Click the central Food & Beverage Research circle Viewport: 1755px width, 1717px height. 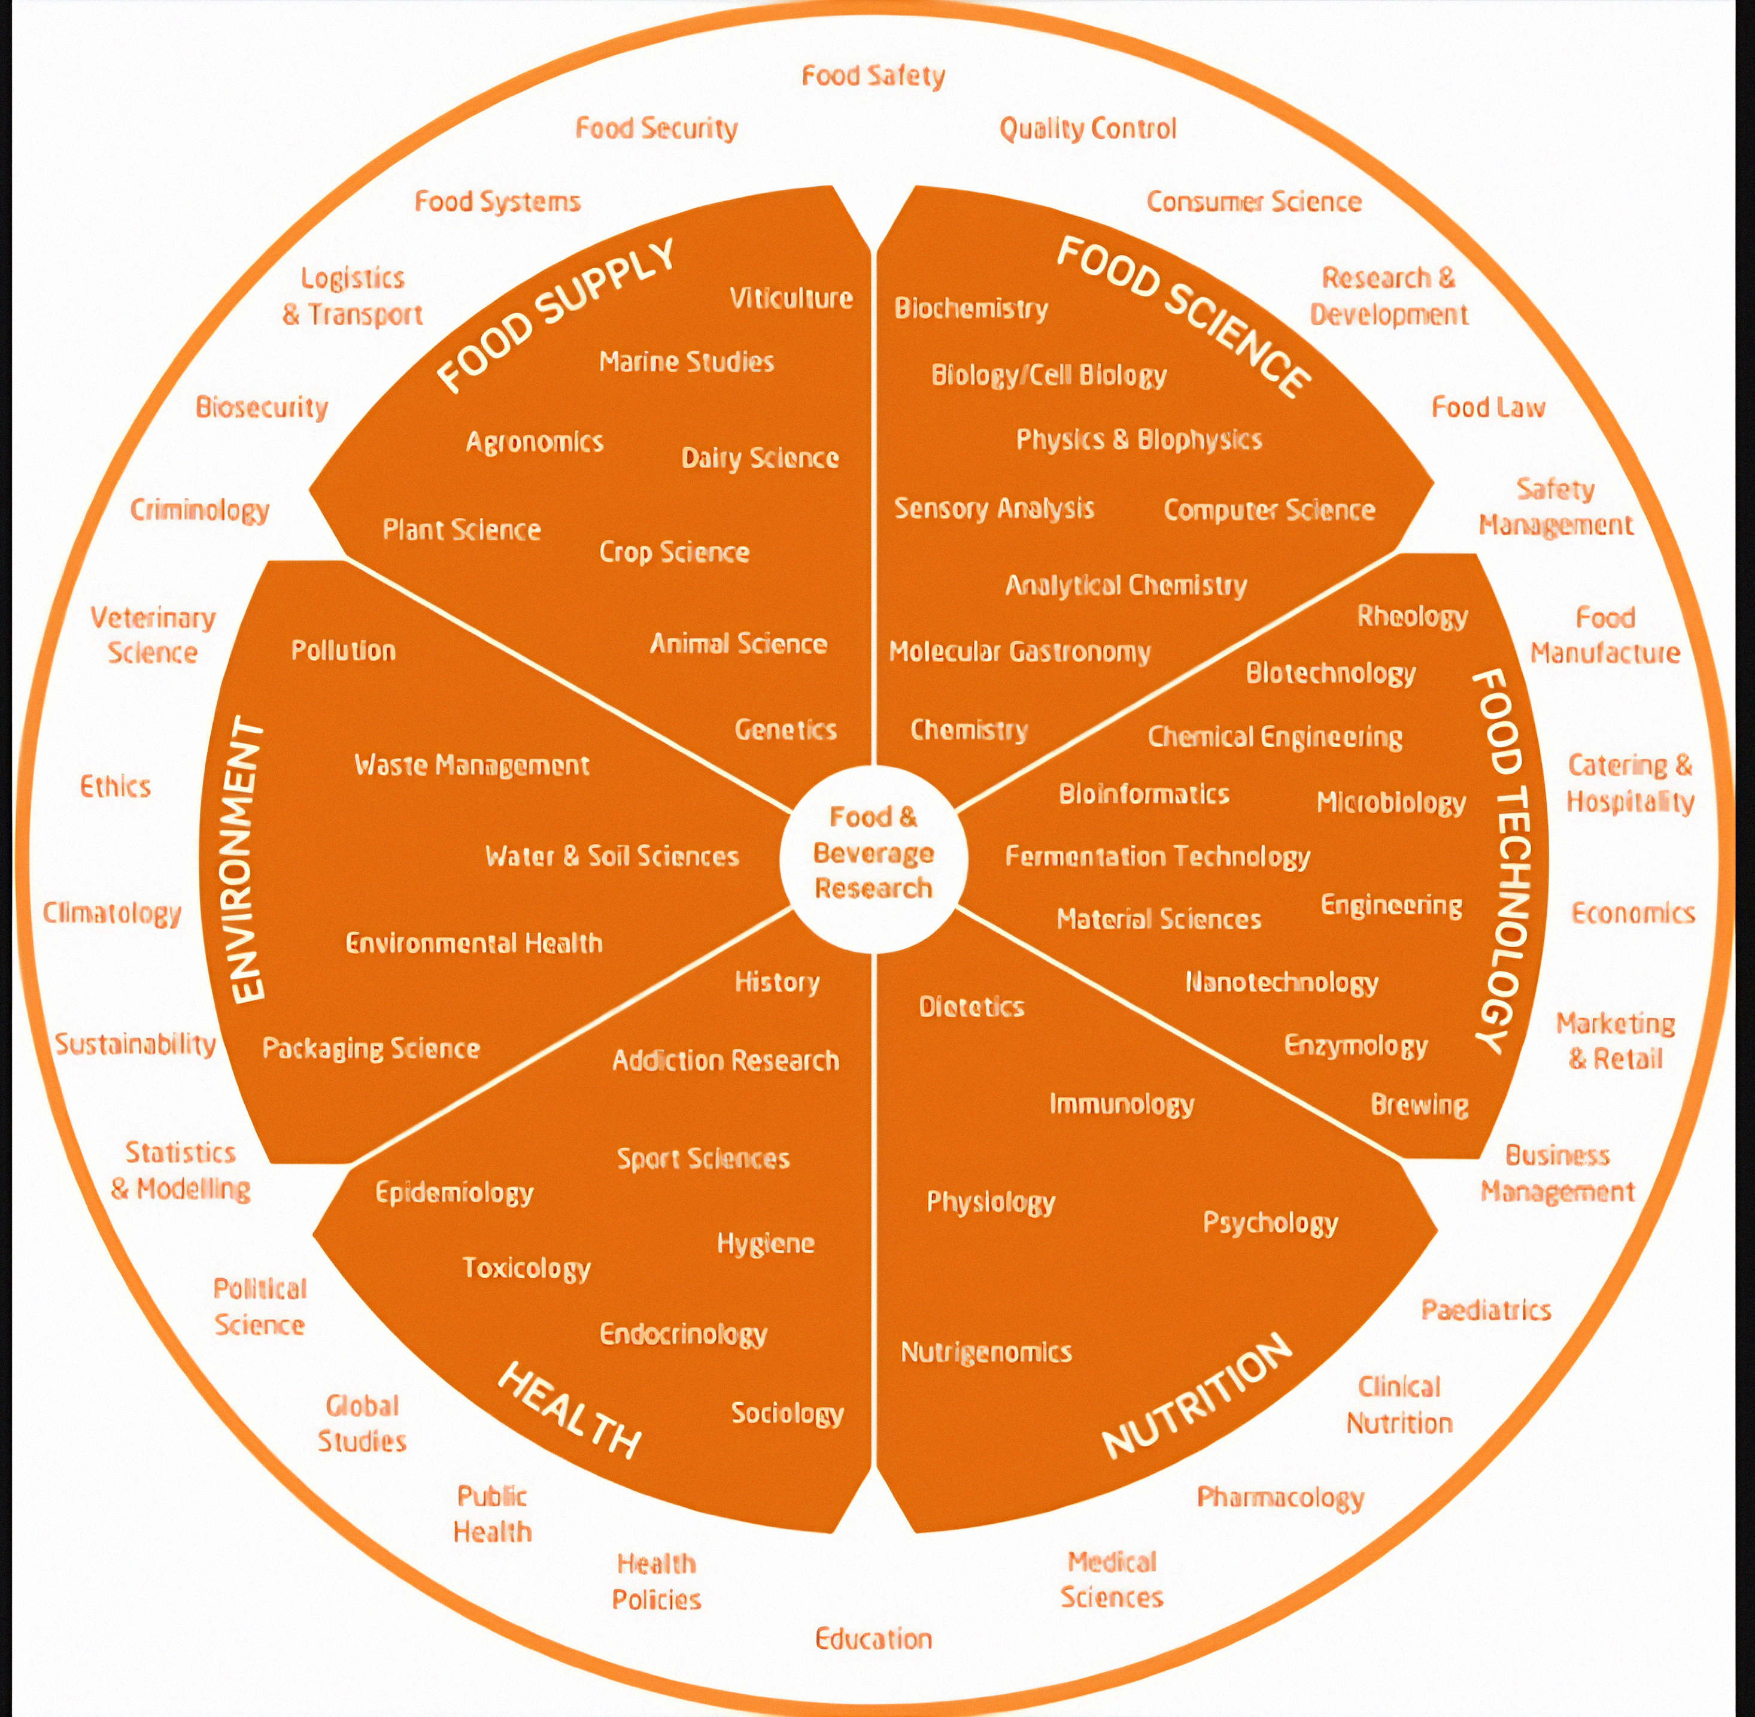point(873,853)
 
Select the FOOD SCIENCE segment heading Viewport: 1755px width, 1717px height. point(1183,316)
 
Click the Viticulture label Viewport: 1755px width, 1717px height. point(791,299)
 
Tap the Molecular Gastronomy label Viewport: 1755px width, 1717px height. point(1019,651)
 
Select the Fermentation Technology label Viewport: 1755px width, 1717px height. point(1157,857)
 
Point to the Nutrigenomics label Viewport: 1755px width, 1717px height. point(986,1352)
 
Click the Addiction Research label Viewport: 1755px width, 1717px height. point(725,1060)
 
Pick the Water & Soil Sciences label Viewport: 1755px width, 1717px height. point(612,856)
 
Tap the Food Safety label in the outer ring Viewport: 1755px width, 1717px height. point(873,76)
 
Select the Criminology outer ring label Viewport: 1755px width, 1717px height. point(199,511)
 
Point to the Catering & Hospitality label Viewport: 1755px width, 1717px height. point(1630,782)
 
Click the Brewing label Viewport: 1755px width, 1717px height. point(1419,1105)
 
